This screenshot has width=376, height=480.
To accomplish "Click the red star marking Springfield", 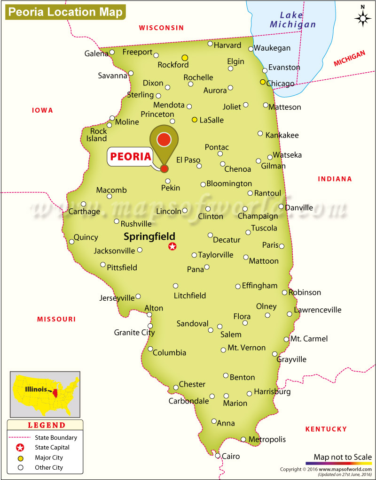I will [x=172, y=246].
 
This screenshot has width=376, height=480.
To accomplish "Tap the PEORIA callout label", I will [x=130, y=156].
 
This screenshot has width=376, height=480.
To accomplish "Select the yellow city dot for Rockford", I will [x=185, y=57].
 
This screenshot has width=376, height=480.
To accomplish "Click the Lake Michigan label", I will [x=292, y=20].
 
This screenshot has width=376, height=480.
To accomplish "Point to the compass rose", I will [x=362, y=17].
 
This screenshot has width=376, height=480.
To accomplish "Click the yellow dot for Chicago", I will [x=263, y=82].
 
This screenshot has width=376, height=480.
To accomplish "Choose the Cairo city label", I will [x=231, y=456].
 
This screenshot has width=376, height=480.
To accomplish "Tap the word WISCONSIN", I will [x=161, y=28].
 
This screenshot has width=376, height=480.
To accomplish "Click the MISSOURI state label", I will [x=56, y=319].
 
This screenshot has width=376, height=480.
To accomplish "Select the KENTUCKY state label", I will [x=326, y=429].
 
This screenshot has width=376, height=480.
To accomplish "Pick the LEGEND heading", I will [x=47, y=426].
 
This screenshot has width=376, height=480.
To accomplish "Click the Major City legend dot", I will [x=20, y=457].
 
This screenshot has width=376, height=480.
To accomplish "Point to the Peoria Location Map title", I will [x=65, y=12].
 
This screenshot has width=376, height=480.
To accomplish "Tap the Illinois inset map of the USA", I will [x=45, y=394].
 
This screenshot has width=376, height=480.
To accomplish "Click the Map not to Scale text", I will [x=342, y=457].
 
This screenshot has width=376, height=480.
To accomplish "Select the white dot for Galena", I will [x=112, y=52].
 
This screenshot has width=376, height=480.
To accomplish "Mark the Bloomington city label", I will [x=229, y=183].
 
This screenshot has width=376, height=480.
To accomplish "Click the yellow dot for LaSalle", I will [x=194, y=120].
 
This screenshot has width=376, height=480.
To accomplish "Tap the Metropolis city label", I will [x=267, y=440].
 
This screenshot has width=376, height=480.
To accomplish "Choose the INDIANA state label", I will [x=335, y=179].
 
